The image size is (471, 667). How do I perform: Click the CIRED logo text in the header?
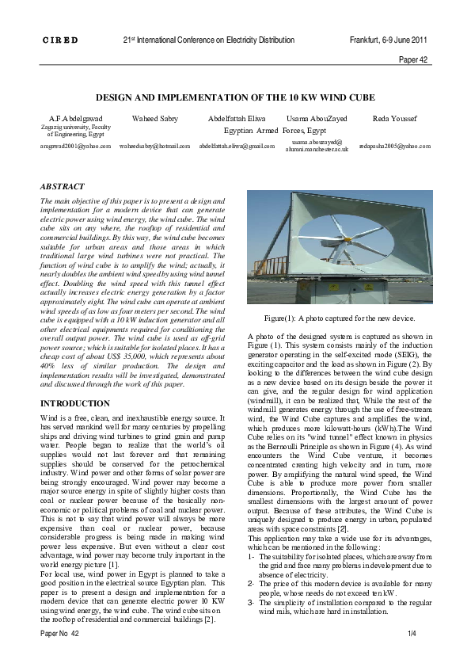pyautogui.click(x=59, y=40)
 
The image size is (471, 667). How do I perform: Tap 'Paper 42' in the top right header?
pyautogui.click(x=412, y=59)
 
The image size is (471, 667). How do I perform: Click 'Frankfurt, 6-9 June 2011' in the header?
pyautogui.click(x=389, y=40)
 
